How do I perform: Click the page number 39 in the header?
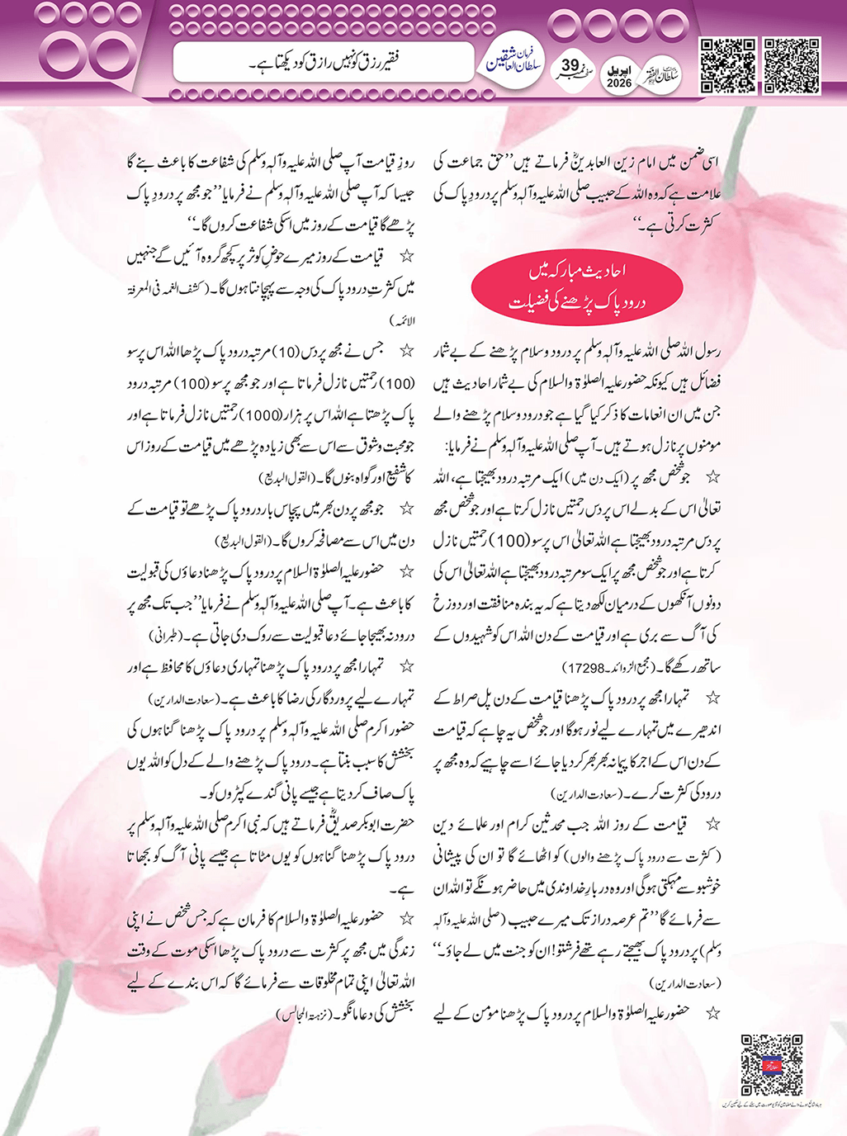(570, 66)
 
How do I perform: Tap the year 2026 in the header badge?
(618, 83)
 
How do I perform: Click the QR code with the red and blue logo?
(771, 1064)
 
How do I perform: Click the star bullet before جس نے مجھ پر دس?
(405, 352)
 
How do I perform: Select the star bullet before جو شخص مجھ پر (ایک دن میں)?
(712, 478)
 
